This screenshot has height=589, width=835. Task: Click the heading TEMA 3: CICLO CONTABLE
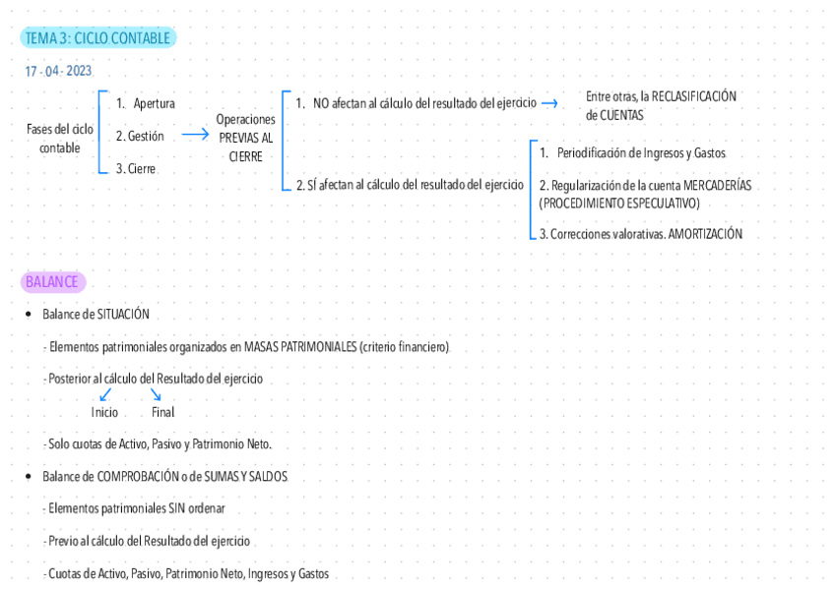[x=97, y=38]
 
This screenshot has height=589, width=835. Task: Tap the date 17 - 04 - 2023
[x=59, y=72]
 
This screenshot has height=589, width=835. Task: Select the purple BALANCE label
[x=52, y=282]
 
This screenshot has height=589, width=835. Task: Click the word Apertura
[x=154, y=103]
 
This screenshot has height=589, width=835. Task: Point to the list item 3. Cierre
[x=136, y=169]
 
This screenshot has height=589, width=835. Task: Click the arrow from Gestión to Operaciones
[x=196, y=136]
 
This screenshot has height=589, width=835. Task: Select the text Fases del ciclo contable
[x=60, y=139]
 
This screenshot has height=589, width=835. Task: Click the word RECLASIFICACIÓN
[x=694, y=96]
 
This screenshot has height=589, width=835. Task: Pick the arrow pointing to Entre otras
[x=549, y=103]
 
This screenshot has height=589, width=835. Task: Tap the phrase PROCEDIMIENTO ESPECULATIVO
[x=619, y=204]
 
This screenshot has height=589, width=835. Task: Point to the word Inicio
[x=104, y=413]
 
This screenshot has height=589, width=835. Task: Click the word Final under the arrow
[x=162, y=413]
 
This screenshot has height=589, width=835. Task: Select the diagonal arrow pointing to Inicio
[x=105, y=394]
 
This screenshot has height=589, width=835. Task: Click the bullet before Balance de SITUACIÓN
[x=29, y=315]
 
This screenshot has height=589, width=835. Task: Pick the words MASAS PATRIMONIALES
[x=299, y=347]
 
